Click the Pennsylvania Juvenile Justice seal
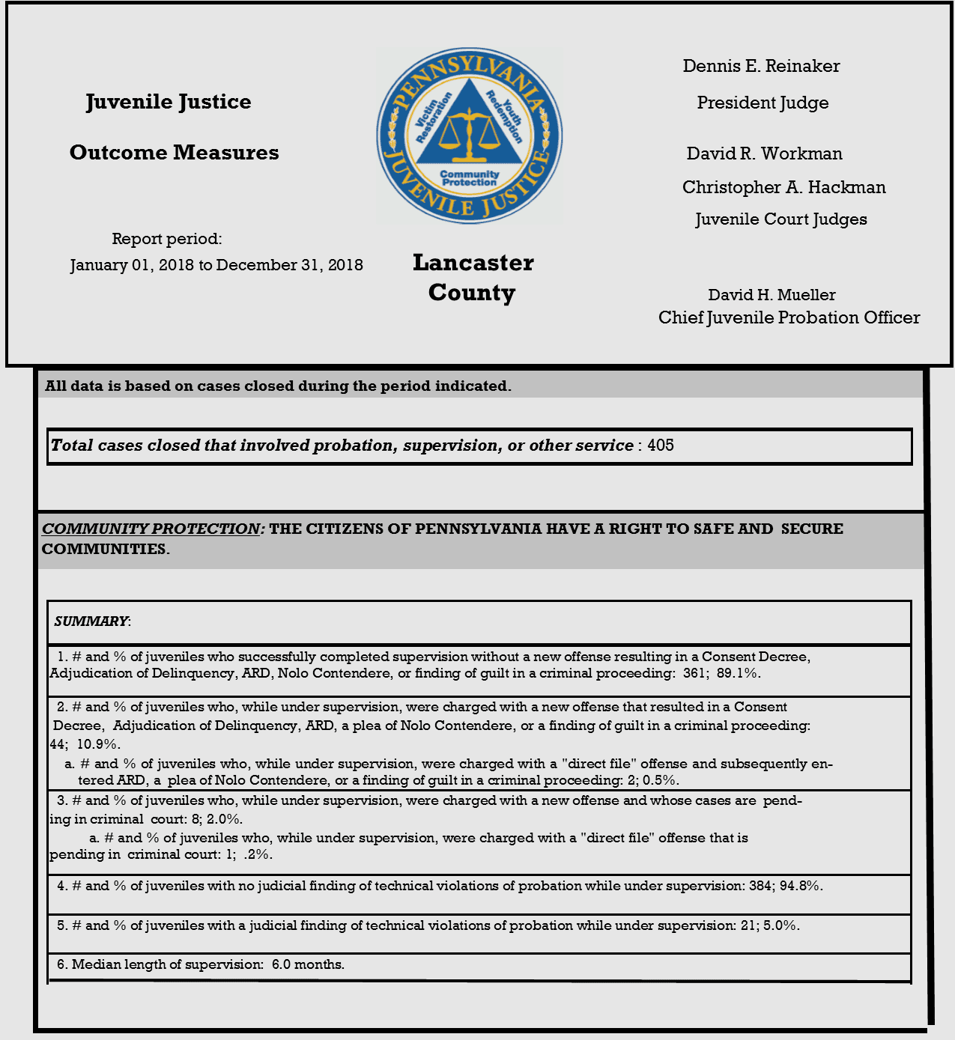click(470, 136)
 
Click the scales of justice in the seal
click(470, 135)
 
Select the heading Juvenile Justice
click(169, 102)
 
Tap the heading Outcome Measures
click(174, 153)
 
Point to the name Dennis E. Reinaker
click(761, 66)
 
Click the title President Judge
click(763, 103)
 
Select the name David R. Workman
click(764, 153)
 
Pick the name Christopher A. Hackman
click(783, 187)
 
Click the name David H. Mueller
click(771, 295)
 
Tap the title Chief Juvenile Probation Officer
click(789, 317)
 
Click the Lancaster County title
click(473, 277)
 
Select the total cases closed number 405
click(661, 446)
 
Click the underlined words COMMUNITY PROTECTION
click(151, 529)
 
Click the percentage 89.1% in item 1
click(739, 673)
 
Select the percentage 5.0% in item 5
click(781, 925)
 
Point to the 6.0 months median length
click(308, 964)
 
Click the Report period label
click(166, 239)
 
